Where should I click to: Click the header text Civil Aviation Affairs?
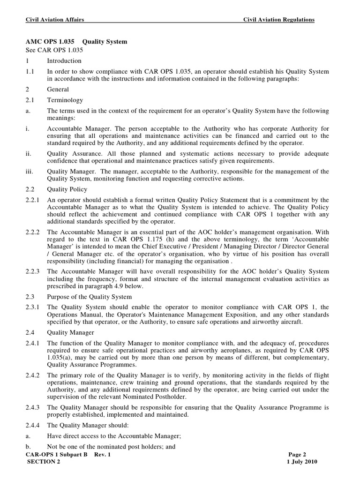pos(54,20)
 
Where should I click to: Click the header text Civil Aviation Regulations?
pos(278,20)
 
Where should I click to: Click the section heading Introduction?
pos(64,61)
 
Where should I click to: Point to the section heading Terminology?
pos(65,100)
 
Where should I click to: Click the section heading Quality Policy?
pos(67,190)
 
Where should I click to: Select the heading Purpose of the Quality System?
pos(90,297)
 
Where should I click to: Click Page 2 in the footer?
pos(297,454)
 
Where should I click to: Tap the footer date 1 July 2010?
pos(302,462)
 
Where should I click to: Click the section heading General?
pos(58,90)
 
